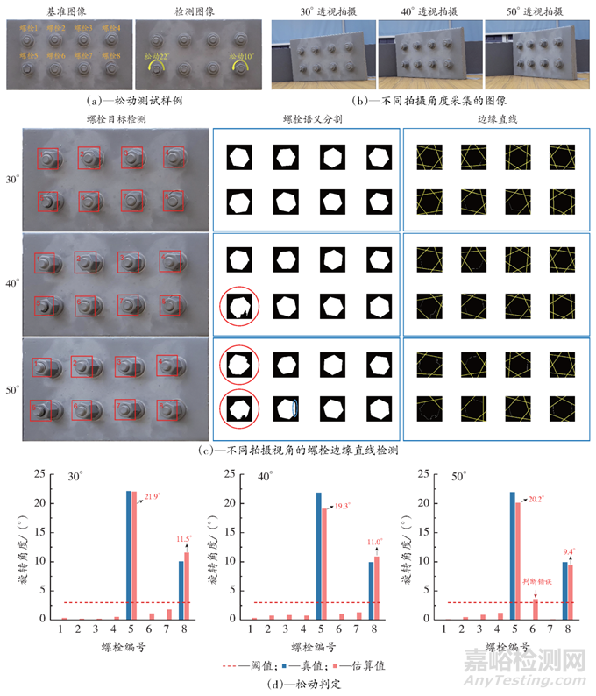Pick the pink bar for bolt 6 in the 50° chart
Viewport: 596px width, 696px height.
pyautogui.click(x=536, y=608)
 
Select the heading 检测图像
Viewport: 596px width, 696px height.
pyautogui.click(x=197, y=11)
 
